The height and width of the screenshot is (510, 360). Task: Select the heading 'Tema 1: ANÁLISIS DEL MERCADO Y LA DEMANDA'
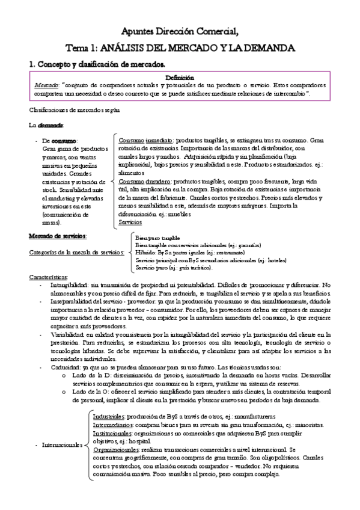(180, 48)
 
